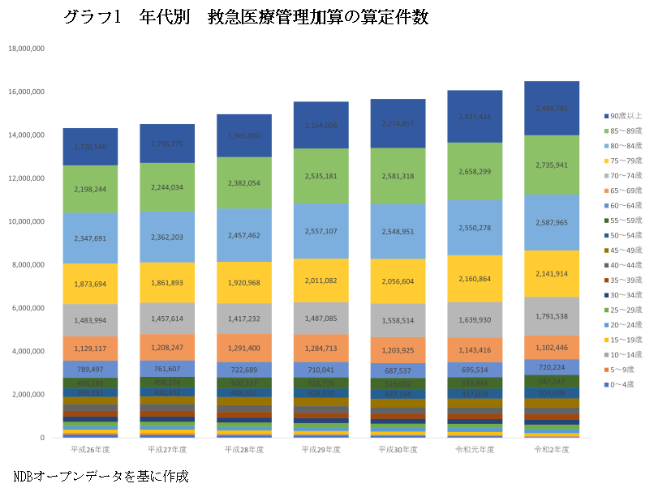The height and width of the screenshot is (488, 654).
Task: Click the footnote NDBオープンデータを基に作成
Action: pyautogui.click(x=101, y=475)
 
